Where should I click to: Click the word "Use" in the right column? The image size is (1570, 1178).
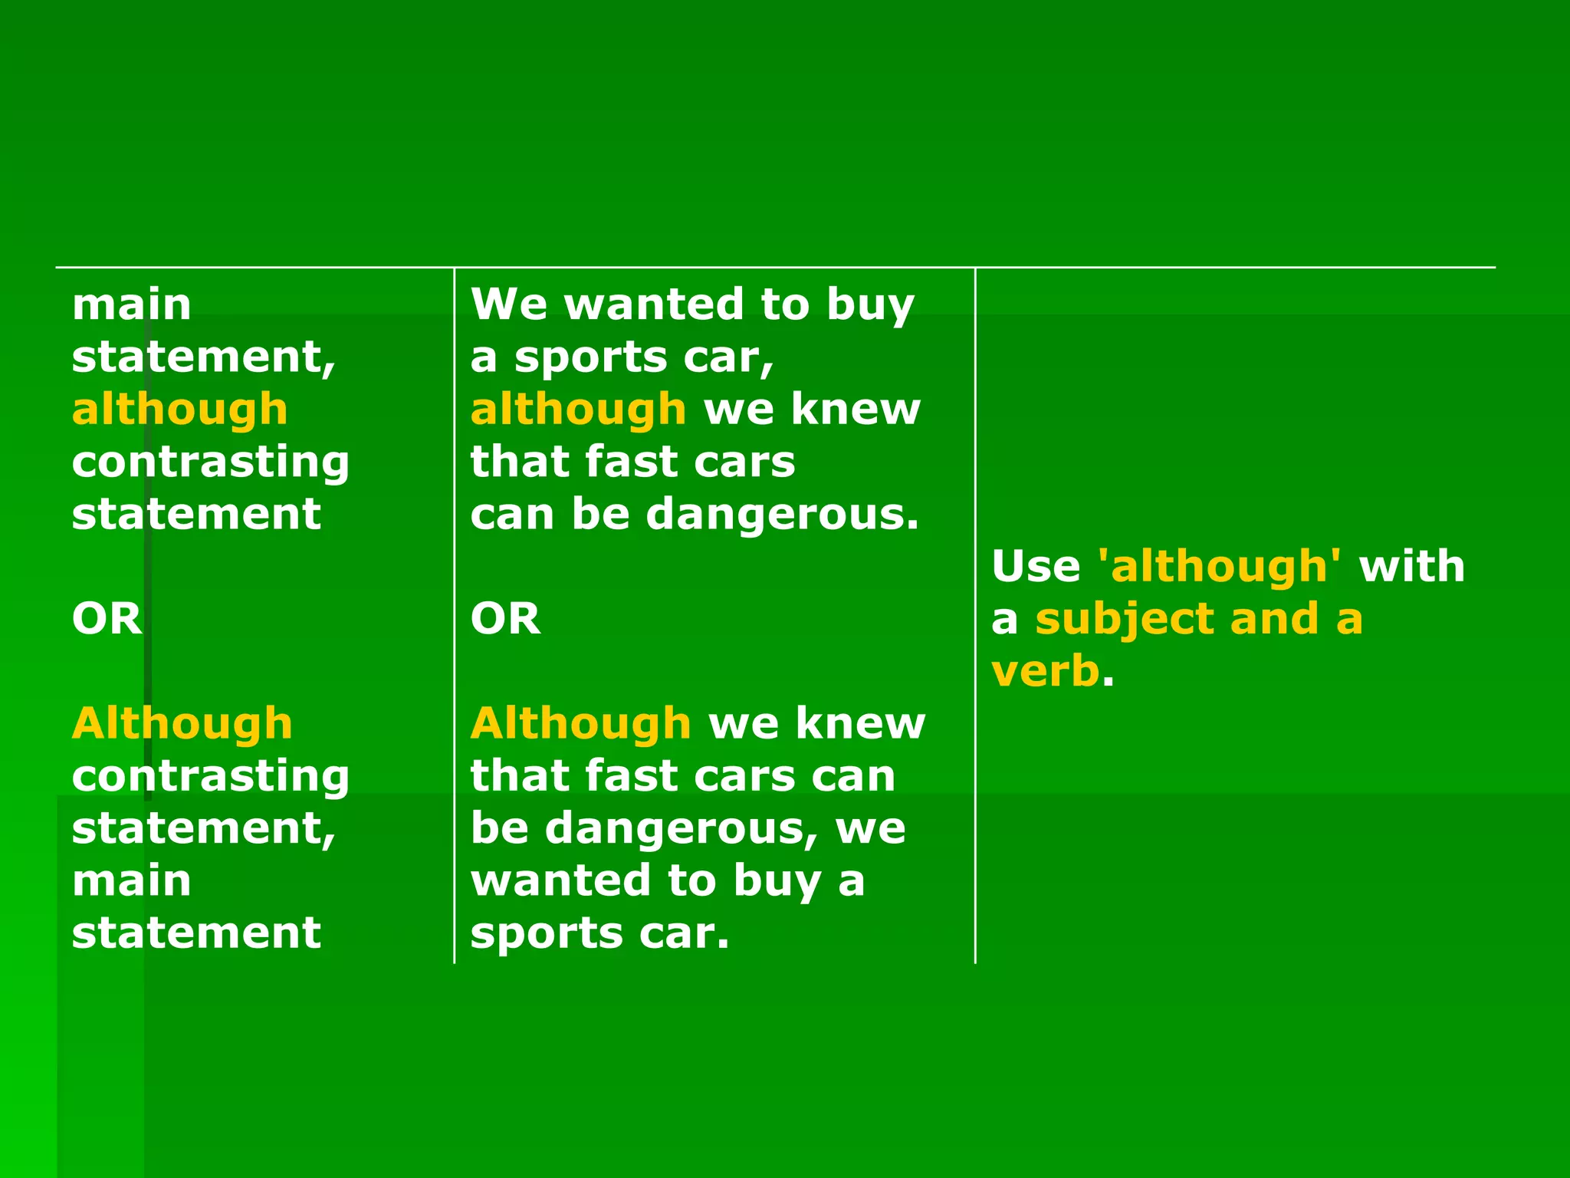pyautogui.click(x=1036, y=567)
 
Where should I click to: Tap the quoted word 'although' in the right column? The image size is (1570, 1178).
pyautogui.click(x=1220, y=567)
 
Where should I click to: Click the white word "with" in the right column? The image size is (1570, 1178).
pyautogui.click(x=1411, y=567)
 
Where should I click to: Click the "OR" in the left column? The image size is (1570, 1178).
pyautogui.click(x=107, y=619)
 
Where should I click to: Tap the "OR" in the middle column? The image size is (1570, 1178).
pyautogui.click(x=505, y=619)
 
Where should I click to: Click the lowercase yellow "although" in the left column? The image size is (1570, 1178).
pyautogui.click(x=179, y=410)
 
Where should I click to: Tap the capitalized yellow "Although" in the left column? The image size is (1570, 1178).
pyautogui.click(x=182, y=724)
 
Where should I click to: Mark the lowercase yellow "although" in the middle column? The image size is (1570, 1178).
pyautogui.click(x=578, y=410)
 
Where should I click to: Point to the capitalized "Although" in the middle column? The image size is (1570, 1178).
pyautogui.click(x=581, y=724)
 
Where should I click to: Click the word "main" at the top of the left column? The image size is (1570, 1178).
pyautogui.click(x=131, y=304)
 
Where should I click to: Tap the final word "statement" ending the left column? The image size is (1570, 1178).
pyautogui.click(x=196, y=934)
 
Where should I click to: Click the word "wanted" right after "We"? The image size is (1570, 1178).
pyautogui.click(x=654, y=304)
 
